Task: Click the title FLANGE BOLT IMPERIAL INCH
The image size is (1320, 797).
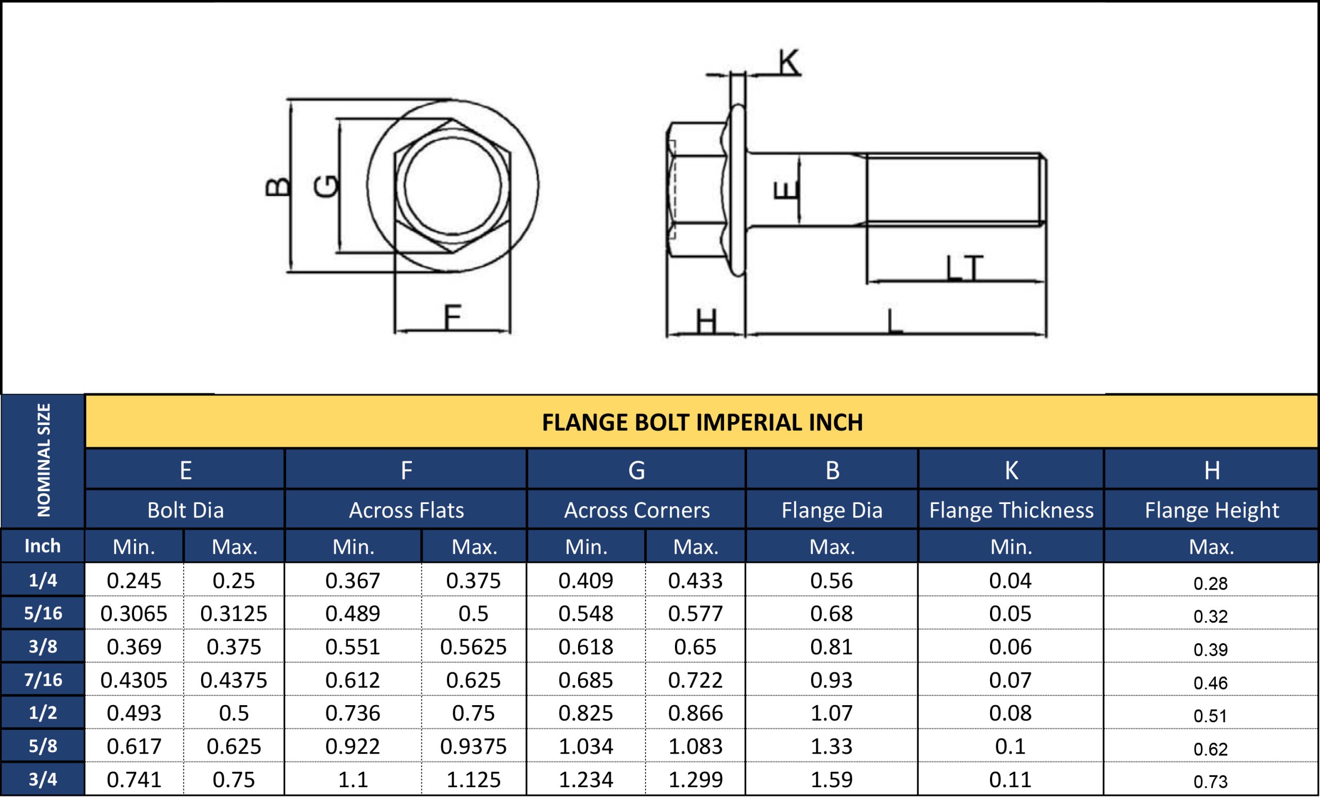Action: (702, 422)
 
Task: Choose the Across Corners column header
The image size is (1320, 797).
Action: (636, 510)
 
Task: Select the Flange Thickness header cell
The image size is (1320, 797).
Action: (1011, 510)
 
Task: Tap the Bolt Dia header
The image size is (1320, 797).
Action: (185, 510)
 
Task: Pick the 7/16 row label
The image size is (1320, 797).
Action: (43, 679)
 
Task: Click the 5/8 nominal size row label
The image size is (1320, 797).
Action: (43, 745)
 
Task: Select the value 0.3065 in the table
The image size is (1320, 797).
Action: (134, 614)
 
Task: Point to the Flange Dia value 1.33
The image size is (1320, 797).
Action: (831, 746)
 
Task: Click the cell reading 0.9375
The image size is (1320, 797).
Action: (473, 746)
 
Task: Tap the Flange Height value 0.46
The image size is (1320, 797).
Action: (1211, 683)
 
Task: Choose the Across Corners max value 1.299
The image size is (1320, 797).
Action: (696, 779)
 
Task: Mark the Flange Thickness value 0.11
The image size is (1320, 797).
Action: (1010, 779)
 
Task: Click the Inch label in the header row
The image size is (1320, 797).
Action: (43, 546)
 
